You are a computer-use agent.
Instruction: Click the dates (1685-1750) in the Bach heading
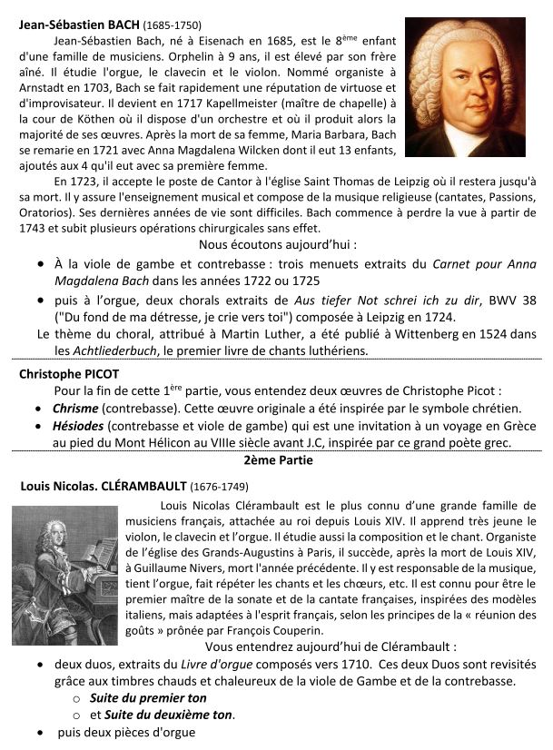tap(171, 25)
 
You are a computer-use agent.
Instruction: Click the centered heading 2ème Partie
tap(276, 460)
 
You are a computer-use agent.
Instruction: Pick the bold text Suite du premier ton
tap(148, 697)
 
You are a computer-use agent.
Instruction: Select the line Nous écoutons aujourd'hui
tap(277, 244)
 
